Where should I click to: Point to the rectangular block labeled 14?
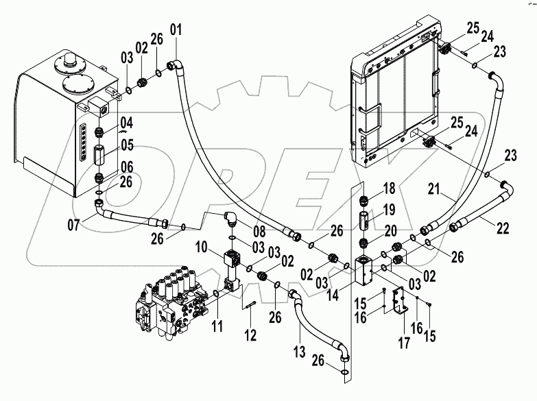point(364,271)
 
